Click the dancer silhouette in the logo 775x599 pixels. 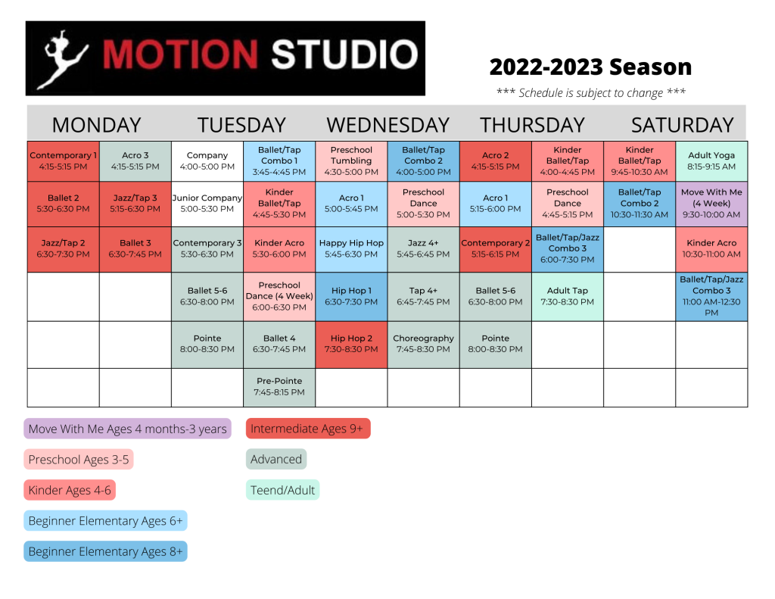point(64,59)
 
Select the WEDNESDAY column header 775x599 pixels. point(388,125)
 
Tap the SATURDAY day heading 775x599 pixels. point(682,125)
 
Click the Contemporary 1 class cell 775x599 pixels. point(64,161)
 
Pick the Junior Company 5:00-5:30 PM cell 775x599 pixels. point(207,204)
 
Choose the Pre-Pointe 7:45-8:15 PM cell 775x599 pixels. point(279,387)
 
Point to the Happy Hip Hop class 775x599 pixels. point(351,249)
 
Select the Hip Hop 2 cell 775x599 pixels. point(351,345)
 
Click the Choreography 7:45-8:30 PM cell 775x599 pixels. point(424,345)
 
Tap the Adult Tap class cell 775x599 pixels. point(568,296)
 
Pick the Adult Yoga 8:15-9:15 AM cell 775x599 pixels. point(711,161)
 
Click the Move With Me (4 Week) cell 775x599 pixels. point(711,204)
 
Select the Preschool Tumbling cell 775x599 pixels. point(351,161)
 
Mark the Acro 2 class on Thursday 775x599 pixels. point(495,161)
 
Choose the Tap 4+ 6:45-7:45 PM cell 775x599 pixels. point(424,296)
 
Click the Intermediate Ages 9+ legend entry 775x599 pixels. point(308,429)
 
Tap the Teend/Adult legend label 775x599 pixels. point(283,490)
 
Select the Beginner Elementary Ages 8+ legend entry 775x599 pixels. point(105,551)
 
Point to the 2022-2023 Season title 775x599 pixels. point(590,67)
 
